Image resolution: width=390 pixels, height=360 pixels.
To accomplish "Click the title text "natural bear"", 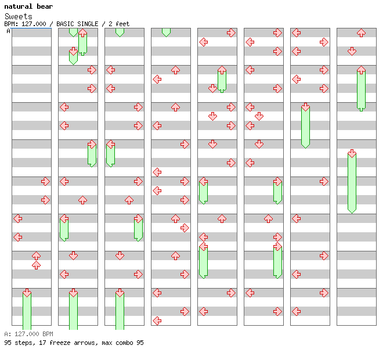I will click(x=28, y=6).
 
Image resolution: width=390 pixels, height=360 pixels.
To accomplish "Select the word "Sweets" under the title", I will click(x=19, y=16).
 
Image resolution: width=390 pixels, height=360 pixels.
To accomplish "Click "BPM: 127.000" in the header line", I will click(x=26, y=24).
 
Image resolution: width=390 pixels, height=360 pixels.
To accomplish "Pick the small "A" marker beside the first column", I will click(x=8, y=31).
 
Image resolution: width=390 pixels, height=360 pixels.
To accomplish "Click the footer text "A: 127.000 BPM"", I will click(x=28, y=334).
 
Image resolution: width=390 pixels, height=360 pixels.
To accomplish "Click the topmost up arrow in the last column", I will click(x=361, y=33).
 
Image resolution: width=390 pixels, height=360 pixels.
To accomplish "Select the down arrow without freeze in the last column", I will click(x=352, y=51).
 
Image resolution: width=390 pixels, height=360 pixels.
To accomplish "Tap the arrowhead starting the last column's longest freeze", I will click(x=352, y=154).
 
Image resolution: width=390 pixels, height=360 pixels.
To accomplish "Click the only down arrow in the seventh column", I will click(x=305, y=107).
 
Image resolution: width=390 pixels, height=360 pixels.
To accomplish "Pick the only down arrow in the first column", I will click(x=27, y=293).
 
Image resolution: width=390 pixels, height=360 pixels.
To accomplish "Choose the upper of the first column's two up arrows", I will click(x=36, y=255).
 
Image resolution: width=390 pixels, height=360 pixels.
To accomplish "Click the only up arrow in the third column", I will click(x=129, y=200).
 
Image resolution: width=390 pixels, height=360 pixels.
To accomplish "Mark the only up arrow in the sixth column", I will click(x=268, y=218).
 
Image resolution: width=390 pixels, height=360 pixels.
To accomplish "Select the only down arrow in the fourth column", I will click(x=166, y=33).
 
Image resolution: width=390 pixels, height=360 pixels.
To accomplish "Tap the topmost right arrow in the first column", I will click(x=45, y=181).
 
